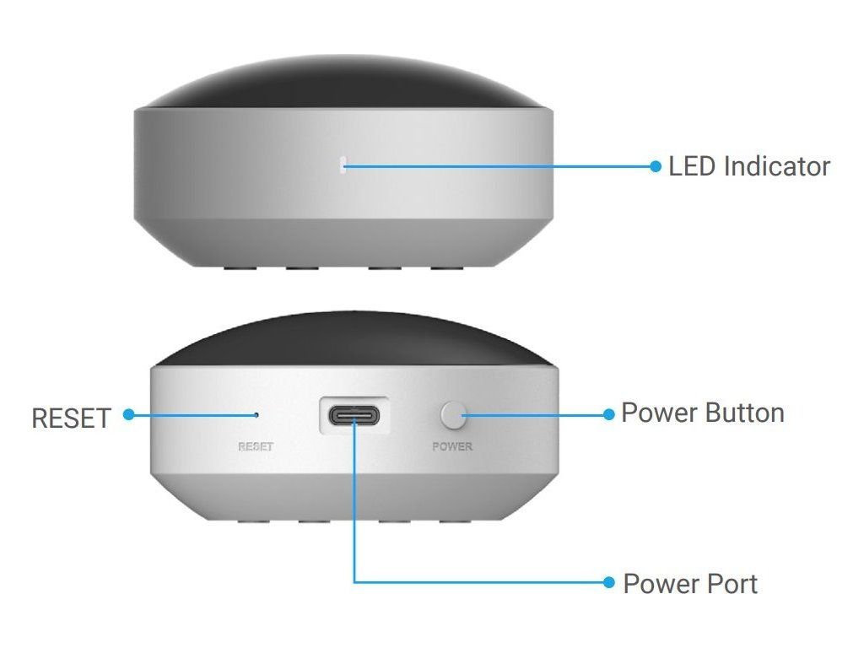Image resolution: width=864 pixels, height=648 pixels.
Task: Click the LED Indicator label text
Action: tap(748, 166)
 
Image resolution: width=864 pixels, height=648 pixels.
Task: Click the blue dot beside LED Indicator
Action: tap(656, 166)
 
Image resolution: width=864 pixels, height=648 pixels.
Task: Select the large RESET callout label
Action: tap(71, 418)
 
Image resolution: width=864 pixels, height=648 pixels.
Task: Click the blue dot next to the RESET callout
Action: tap(128, 414)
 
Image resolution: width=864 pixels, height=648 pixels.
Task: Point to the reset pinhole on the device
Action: tap(256, 414)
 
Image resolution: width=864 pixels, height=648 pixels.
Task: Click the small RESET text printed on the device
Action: tap(256, 446)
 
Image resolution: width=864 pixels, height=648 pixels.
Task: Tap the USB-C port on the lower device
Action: tap(354, 416)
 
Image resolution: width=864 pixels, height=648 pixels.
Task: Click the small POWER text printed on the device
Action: tap(452, 446)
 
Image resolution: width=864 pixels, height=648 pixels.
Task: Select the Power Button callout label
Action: tap(702, 413)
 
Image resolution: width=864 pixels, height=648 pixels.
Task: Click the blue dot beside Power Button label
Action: tap(608, 413)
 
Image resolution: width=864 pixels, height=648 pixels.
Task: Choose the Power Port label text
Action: tap(689, 583)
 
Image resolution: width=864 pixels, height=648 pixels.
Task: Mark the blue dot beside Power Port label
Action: tap(608, 582)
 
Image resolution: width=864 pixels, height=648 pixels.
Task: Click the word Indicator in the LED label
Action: tap(776, 166)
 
